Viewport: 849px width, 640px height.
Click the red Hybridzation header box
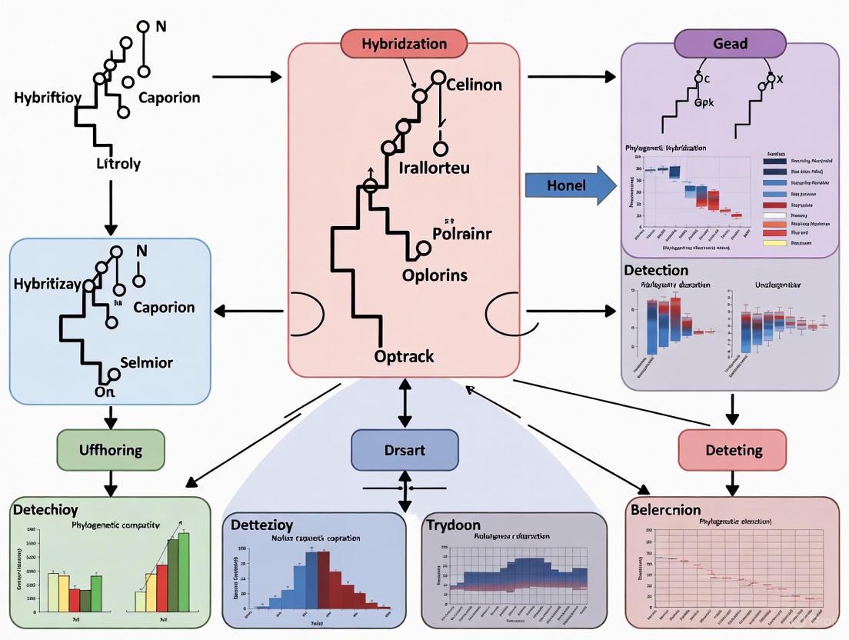[x=404, y=44]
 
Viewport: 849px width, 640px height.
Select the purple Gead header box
[x=730, y=44]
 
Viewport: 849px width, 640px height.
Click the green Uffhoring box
[x=111, y=450]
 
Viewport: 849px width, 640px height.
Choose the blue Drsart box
[x=404, y=450]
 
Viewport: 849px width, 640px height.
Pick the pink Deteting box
[x=731, y=449]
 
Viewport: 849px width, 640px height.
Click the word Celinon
[x=474, y=85]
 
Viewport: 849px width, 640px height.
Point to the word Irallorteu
[x=434, y=167]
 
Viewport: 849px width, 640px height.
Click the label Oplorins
[x=434, y=275]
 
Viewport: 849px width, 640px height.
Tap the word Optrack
[x=404, y=356]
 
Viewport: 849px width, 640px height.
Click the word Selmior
[x=147, y=362]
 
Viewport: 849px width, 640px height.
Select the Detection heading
[x=656, y=271]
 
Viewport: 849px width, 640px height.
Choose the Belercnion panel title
[x=665, y=510]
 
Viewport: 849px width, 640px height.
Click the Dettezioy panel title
[x=262, y=525]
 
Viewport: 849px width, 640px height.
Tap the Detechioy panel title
[x=45, y=510]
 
